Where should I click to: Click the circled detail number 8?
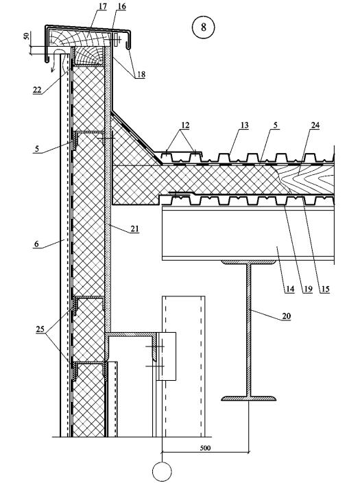[x=203, y=27]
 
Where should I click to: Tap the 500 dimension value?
[x=205, y=447]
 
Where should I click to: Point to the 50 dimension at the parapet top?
[x=27, y=36]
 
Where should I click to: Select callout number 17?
[x=102, y=6]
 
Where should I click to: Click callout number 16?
[x=121, y=6]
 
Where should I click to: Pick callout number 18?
[x=141, y=75]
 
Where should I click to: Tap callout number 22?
[x=37, y=90]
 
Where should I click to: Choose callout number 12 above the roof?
[x=185, y=126]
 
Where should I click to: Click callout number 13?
[x=244, y=126]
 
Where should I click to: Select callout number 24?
[x=315, y=126]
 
